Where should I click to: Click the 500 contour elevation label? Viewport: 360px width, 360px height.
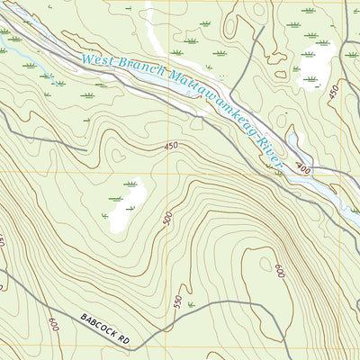pyautogui.click(x=167, y=220)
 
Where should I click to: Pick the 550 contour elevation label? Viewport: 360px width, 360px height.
pyautogui.click(x=177, y=302)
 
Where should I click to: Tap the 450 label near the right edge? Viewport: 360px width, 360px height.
pyautogui.click(x=334, y=91)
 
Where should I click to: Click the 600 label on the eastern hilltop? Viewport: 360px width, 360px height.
pyautogui.click(x=280, y=269)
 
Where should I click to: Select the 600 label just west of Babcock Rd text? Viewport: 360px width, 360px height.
pyautogui.click(x=55, y=323)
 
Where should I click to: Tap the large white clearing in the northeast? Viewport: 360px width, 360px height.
pyautogui.click(x=310, y=63)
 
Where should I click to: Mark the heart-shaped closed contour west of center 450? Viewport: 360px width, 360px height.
pyautogui.click(x=118, y=154)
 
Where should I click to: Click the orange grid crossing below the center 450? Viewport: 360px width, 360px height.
pyautogui.click(x=153, y=172)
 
